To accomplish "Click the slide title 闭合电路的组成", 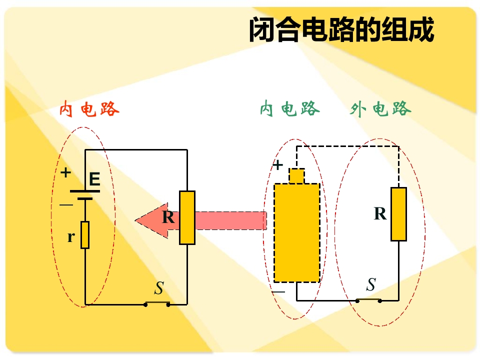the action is click(x=341, y=29).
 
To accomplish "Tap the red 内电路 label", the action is click(x=89, y=109).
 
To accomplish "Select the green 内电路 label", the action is click(x=289, y=108).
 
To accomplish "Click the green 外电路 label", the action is click(x=380, y=108).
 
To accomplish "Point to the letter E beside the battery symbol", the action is click(x=94, y=179).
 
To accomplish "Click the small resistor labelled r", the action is click(x=85, y=235).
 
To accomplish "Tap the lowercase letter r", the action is click(x=71, y=236).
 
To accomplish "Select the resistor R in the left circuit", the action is click(x=187, y=217).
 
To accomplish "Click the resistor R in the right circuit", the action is click(x=399, y=214).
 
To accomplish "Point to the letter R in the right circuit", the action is click(x=380, y=213).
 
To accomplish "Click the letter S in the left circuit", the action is click(x=159, y=288).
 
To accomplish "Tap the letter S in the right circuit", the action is click(x=371, y=284).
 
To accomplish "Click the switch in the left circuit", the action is click(x=157, y=304).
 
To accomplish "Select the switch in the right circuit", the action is click(x=369, y=300).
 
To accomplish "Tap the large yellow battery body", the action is click(x=297, y=232).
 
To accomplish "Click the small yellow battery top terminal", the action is click(x=296, y=175).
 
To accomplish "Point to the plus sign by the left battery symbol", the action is click(x=65, y=172).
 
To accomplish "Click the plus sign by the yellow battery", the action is click(x=277, y=165).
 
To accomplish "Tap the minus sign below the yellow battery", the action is click(x=278, y=291).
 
